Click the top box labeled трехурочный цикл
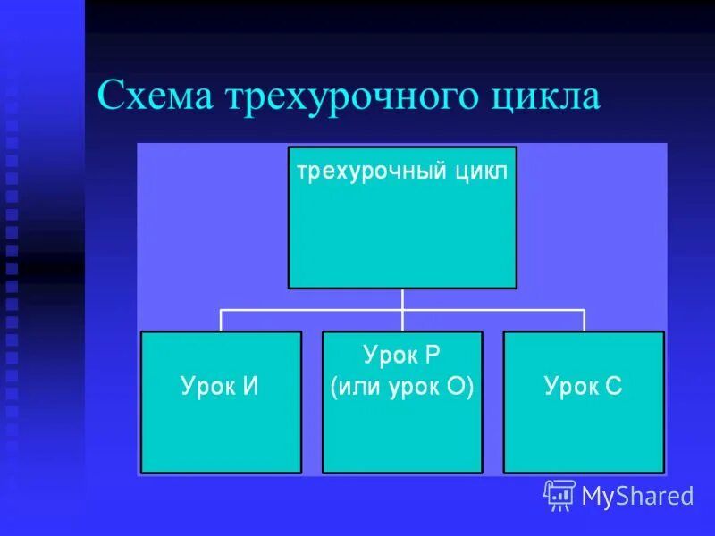click(402, 232)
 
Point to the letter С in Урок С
click(613, 387)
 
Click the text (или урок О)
click(401, 388)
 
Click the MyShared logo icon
click(559, 495)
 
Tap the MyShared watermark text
click(637, 496)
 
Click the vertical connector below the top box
click(402, 299)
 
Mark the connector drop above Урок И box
click(221, 321)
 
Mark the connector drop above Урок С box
click(584, 321)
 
